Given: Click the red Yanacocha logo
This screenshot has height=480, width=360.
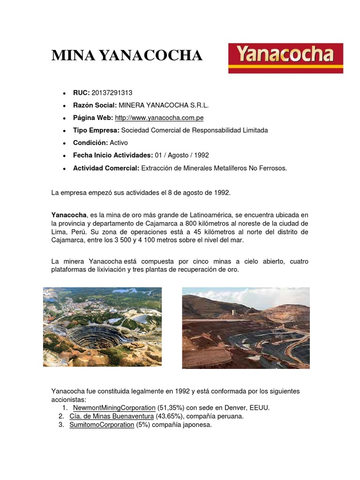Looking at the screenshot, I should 285,58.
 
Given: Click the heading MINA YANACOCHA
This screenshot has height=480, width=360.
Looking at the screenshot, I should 127,56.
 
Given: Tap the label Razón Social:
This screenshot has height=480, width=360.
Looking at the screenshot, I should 95,105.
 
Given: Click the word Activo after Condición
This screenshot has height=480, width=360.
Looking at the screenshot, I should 119,142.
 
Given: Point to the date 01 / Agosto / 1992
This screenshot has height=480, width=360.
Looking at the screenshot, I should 182,155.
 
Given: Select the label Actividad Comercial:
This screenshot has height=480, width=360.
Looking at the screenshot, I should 106,168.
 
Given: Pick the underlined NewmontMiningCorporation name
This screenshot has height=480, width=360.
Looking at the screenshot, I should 114,408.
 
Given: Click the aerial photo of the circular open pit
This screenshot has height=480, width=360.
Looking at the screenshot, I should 102,327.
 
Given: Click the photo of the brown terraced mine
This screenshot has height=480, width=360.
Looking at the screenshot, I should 246,328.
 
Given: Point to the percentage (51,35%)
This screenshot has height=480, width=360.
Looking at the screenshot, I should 172,408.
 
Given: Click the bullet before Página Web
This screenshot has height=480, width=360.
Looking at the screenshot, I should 63,118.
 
